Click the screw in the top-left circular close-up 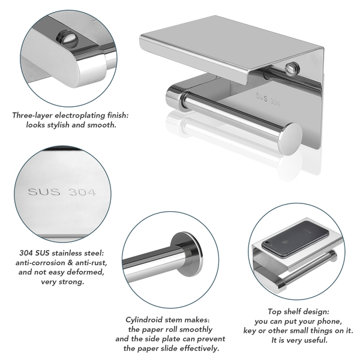pos(67,37)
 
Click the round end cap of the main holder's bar pos(290,139)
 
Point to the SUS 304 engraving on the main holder pos(268,100)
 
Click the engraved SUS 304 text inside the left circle pos(62,192)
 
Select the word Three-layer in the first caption pos(33,115)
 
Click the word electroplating pos(80,115)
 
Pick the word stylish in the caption pos(58,125)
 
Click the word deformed pos(86,272)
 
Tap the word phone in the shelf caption pos(331,322)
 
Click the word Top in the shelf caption pos(275,312)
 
